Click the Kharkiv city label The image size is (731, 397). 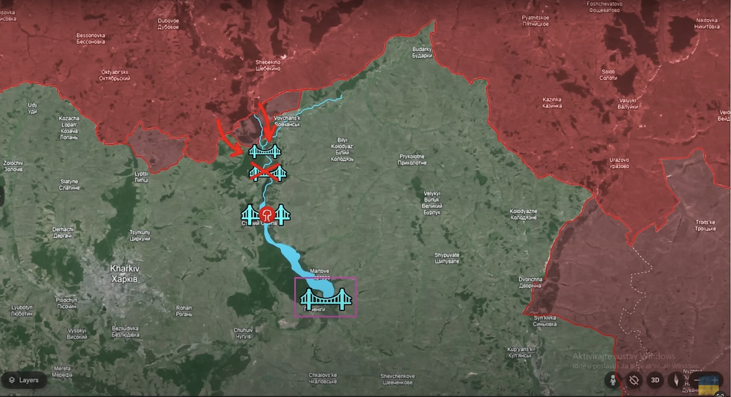124,274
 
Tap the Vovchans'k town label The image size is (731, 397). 287,121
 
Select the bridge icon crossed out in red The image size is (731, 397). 268,173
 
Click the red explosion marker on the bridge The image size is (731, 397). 267,215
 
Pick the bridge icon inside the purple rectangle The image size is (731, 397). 326,299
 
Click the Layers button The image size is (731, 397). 24,380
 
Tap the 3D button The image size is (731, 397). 655,380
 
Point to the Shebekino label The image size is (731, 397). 268,65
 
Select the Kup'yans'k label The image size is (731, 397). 520,352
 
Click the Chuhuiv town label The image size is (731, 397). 243,333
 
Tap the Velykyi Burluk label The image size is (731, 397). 432,203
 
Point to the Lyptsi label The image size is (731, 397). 141,177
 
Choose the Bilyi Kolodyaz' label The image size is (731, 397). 342,150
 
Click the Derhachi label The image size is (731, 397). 63,232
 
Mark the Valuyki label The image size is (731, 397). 627,103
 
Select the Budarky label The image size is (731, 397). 422,52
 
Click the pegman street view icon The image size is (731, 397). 613,380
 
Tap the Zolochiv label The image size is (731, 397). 13,166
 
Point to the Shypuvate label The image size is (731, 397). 447,258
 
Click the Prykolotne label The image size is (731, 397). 412,160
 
